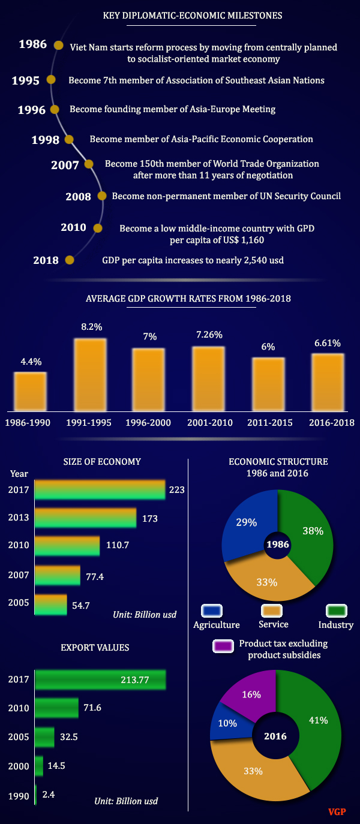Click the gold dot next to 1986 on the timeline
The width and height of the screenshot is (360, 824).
[x=58, y=45]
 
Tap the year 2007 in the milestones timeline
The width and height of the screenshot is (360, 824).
[x=65, y=165]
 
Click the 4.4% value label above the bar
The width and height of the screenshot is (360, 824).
[x=31, y=362]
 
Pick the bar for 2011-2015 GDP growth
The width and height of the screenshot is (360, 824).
[x=268, y=384]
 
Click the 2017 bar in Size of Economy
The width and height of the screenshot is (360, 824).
[x=100, y=489]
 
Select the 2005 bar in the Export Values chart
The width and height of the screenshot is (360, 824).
[x=44, y=737]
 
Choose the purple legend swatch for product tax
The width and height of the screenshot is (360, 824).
[x=223, y=646]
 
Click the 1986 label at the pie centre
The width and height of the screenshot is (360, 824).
[x=278, y=545]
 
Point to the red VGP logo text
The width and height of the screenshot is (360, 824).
[x=337, y=812]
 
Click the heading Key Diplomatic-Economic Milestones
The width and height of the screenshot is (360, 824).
[x=192, y=15]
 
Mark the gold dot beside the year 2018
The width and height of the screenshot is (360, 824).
[x=69, y=260]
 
